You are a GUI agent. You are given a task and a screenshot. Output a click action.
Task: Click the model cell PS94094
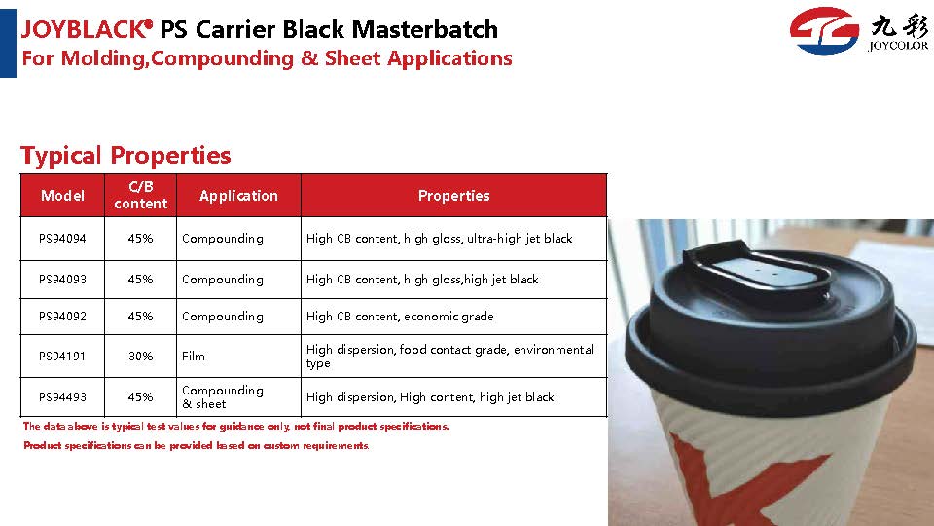pos(62,239)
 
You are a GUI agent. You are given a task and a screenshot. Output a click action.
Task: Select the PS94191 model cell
pos(62,357)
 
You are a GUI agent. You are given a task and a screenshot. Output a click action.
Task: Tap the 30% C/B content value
pos(140,357)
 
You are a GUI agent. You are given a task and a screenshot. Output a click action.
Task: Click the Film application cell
pos(239,357)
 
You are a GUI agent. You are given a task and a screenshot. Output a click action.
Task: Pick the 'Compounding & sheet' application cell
pos(239,397)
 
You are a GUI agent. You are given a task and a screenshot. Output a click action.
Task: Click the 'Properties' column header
pos(454,196)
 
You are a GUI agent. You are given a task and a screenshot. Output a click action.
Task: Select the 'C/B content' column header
pos(140,195)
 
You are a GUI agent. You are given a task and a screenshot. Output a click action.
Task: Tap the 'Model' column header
pos(62,196)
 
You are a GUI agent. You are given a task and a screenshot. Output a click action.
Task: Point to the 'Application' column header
pos(239,196)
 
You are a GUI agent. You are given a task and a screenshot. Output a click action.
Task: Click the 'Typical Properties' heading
pos(126,156)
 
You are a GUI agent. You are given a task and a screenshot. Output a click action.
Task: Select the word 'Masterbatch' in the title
pos(425,29)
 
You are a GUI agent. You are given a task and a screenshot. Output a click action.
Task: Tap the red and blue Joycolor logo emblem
pos(824,30)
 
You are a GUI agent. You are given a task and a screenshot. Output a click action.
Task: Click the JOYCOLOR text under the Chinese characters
pos(898,46)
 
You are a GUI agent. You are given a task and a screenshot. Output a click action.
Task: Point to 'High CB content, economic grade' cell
pos(400,317)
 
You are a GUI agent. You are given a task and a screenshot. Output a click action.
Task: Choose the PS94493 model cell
pos(62,397)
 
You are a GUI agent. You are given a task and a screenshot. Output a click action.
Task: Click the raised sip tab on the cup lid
pos(757,270)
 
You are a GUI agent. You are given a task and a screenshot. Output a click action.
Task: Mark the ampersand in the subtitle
pos(309,58)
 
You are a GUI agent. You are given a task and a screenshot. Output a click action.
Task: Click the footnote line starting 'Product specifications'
pos(196,445)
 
